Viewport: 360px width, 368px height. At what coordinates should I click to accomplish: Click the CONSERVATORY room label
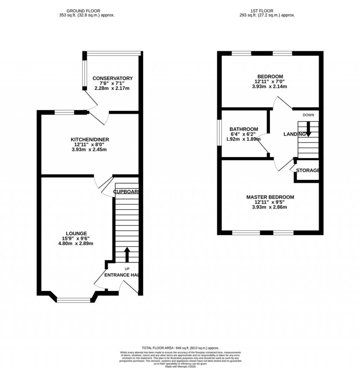point(112,78)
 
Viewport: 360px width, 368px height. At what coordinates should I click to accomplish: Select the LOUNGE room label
point(76,233)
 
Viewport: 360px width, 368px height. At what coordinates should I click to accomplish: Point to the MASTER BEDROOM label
point(270,197)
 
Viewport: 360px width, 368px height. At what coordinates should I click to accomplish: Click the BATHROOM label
point(244,129)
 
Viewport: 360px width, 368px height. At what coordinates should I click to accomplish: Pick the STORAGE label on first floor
point(308,170)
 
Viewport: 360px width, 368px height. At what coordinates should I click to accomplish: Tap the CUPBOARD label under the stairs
point(126,192)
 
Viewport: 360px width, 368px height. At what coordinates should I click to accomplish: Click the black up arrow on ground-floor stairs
point(127,254)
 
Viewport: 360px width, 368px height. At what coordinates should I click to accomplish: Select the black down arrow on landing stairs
point(308,129)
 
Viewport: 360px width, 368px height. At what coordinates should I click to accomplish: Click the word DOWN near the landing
point(308,115)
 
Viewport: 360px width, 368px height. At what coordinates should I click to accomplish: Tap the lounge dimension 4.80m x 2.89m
point(76,243)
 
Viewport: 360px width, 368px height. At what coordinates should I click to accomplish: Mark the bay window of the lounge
point(74,300)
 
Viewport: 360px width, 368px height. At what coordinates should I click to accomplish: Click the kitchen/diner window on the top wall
point(64,112)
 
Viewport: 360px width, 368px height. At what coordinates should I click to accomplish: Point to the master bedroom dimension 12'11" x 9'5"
point(270,202)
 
